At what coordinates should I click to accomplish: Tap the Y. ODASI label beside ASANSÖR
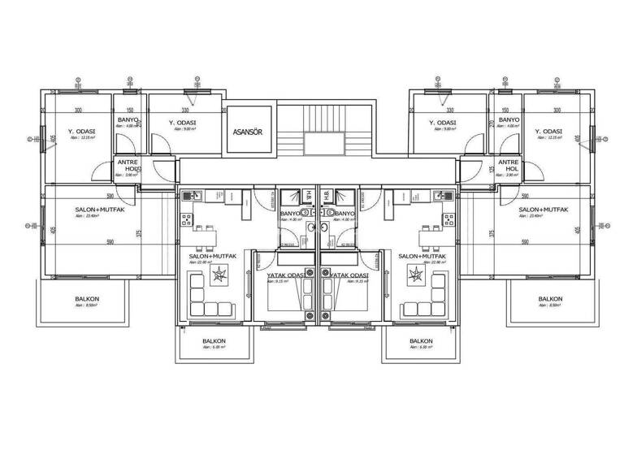click(183, 123)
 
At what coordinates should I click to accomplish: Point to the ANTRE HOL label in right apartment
click(509, 166)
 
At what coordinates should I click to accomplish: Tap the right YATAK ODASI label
click(349, 275)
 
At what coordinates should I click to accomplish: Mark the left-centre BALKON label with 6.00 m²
click(214, 341)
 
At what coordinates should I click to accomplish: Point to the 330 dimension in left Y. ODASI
click(185, 110)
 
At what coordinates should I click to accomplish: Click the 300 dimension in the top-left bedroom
click(79, 110)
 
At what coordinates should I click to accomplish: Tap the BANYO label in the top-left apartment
click(128, 120)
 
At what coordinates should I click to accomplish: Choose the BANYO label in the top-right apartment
click(509, 120)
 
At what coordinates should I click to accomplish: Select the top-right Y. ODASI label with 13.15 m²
click(549, 132)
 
